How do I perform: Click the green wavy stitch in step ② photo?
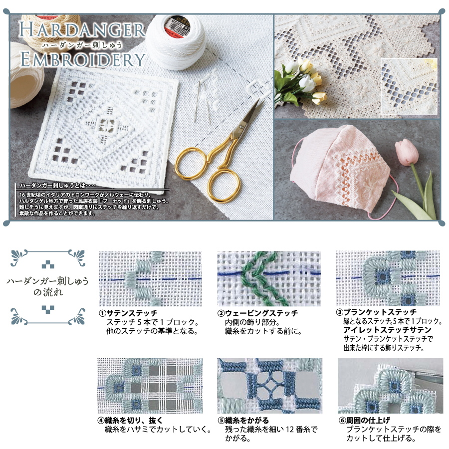tap(259, 279)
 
